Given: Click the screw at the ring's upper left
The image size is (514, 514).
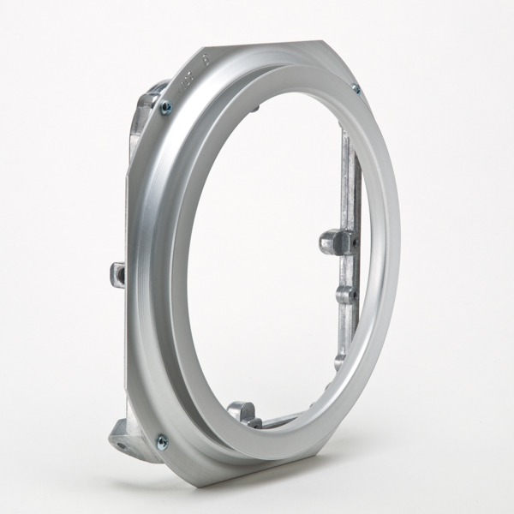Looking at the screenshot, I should click(166, 107).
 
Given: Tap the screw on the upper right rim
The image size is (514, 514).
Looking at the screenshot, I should click(355, 88).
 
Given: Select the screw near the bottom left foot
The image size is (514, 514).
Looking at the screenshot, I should click(161, 441).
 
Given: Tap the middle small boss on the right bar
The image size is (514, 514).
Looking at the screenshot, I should click(346, 294).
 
